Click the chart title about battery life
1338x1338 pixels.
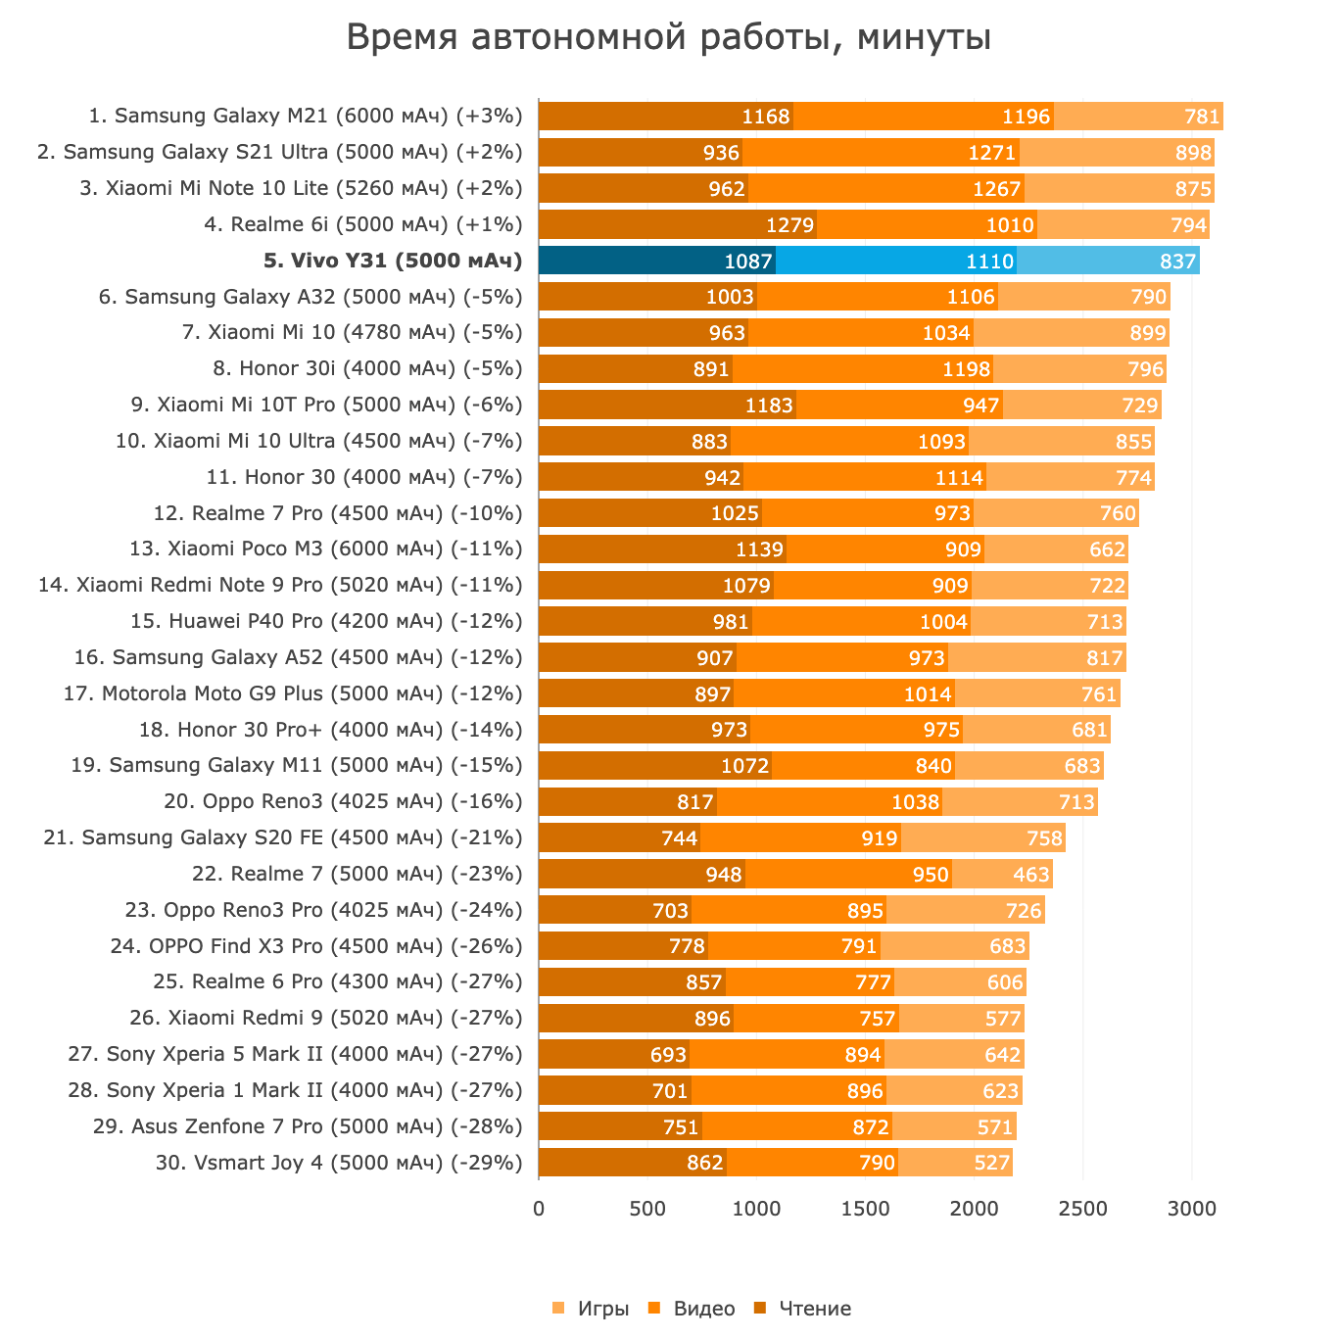pos(669,38)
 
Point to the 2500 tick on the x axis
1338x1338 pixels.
pos(1083,1210)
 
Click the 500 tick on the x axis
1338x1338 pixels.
pos(647,1210)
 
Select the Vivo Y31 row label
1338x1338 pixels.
pos(393,261)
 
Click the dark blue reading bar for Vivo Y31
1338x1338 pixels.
pos(656,261)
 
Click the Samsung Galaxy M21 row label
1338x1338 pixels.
pos(306,117)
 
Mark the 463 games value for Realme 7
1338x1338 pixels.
pos(1030,874)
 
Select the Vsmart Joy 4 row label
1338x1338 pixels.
pos(339,1163)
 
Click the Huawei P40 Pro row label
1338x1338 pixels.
pos(326,621)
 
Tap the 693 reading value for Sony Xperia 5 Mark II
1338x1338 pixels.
pos(668,1055)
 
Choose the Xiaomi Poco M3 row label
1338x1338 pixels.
pos(326,549)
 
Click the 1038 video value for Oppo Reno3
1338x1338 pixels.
pos(915,802)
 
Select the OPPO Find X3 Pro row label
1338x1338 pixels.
pos(316,946)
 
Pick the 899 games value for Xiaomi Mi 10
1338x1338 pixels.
pos(1147,333)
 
